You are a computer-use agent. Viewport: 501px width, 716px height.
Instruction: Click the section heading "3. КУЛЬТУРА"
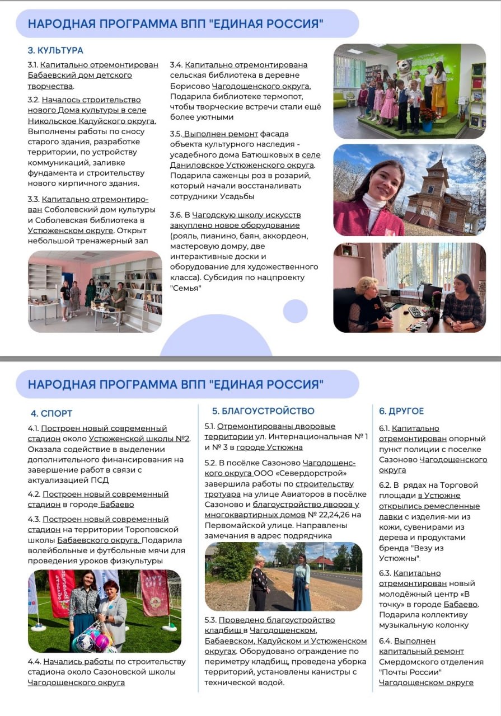(55, 50)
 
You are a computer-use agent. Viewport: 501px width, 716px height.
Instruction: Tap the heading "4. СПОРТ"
(51, 413)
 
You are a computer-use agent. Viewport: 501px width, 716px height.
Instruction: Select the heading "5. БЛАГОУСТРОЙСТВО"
(263, 411)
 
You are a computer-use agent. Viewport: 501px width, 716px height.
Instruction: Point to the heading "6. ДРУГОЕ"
(401, 411)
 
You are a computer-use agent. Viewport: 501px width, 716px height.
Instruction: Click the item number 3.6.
(176, 215)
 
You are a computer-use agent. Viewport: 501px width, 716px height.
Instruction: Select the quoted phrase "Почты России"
(410, 672)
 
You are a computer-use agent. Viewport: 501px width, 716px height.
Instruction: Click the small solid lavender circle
(295, 311)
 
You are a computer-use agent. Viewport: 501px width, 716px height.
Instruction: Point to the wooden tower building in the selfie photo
(434, 196)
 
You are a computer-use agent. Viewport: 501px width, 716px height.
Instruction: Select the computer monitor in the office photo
(431, 295)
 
